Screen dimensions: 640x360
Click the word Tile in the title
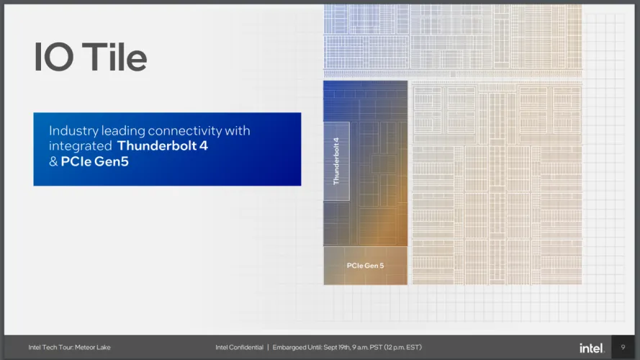point(114,56)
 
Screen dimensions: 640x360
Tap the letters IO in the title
point(54,57)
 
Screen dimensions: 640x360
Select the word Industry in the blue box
point(74,131)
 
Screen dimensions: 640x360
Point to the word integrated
point(81,145)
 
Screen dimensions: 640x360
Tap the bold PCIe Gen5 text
point(95,161)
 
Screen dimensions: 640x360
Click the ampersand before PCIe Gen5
point(53,161)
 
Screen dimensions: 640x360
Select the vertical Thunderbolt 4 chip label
point(336,161)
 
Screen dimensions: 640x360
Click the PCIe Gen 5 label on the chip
point(365,265)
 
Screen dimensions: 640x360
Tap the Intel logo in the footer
point(592,348)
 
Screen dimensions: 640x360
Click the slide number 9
point(623,347)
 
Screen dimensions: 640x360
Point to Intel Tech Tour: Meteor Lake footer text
point(69,347)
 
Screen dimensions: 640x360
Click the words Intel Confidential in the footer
point(239,347)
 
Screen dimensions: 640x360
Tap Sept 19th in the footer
point(337,347)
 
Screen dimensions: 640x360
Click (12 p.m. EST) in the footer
point(403,347)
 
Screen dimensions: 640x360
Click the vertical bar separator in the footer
point(268,347)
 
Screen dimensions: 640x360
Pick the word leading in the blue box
point(123,131)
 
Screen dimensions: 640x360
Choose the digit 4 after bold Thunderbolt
point(204,145)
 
